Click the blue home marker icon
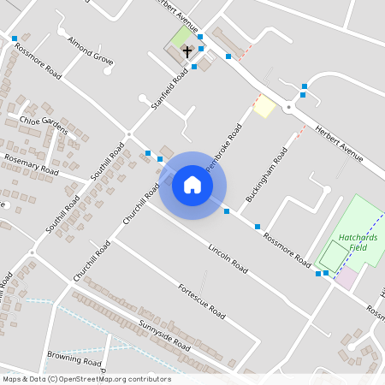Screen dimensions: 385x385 coord(192,185)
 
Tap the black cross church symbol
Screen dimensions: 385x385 coord(187,52)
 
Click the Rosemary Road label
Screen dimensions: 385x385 coord(31,165)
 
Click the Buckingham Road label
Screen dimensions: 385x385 coord(265,178)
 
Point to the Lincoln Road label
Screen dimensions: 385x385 coord(228,258)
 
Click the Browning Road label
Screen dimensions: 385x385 coord(74,355)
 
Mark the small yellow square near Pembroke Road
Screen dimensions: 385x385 coord(264,107)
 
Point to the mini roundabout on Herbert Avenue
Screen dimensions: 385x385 coord(290,107)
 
